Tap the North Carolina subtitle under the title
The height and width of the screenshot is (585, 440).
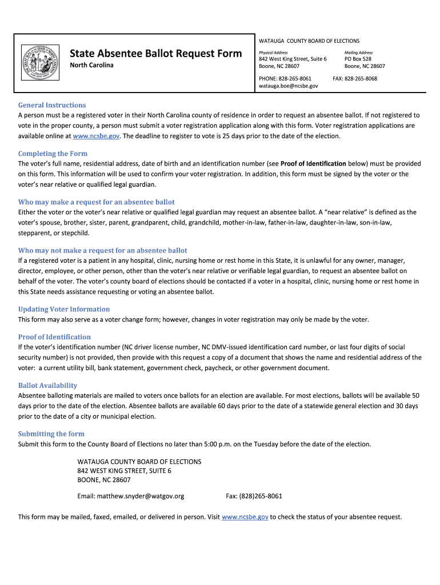tap(91, 65)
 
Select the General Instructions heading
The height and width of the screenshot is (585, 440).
tap(52, 105)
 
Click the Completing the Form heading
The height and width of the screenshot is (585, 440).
tap(53, 154)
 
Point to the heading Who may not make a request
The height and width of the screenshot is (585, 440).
tap(103, 251)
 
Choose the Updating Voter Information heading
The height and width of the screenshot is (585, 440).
tap(64, 310)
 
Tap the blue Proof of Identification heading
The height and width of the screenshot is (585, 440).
tap(54, 337)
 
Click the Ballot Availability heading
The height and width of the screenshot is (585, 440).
tap(47, 386)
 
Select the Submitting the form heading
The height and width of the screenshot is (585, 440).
tap(51, 434)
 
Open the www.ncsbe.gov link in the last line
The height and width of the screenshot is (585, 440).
tap(245, 518)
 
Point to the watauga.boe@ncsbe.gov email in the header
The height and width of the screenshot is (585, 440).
tap(289, 86)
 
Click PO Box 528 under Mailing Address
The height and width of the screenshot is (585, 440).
tap(358, 59)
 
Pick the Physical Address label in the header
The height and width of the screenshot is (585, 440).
tap(273, 53)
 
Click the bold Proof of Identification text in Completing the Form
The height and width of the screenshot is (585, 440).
tap(313, 164)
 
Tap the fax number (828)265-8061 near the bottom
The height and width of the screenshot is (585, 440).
tap(262, 496)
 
